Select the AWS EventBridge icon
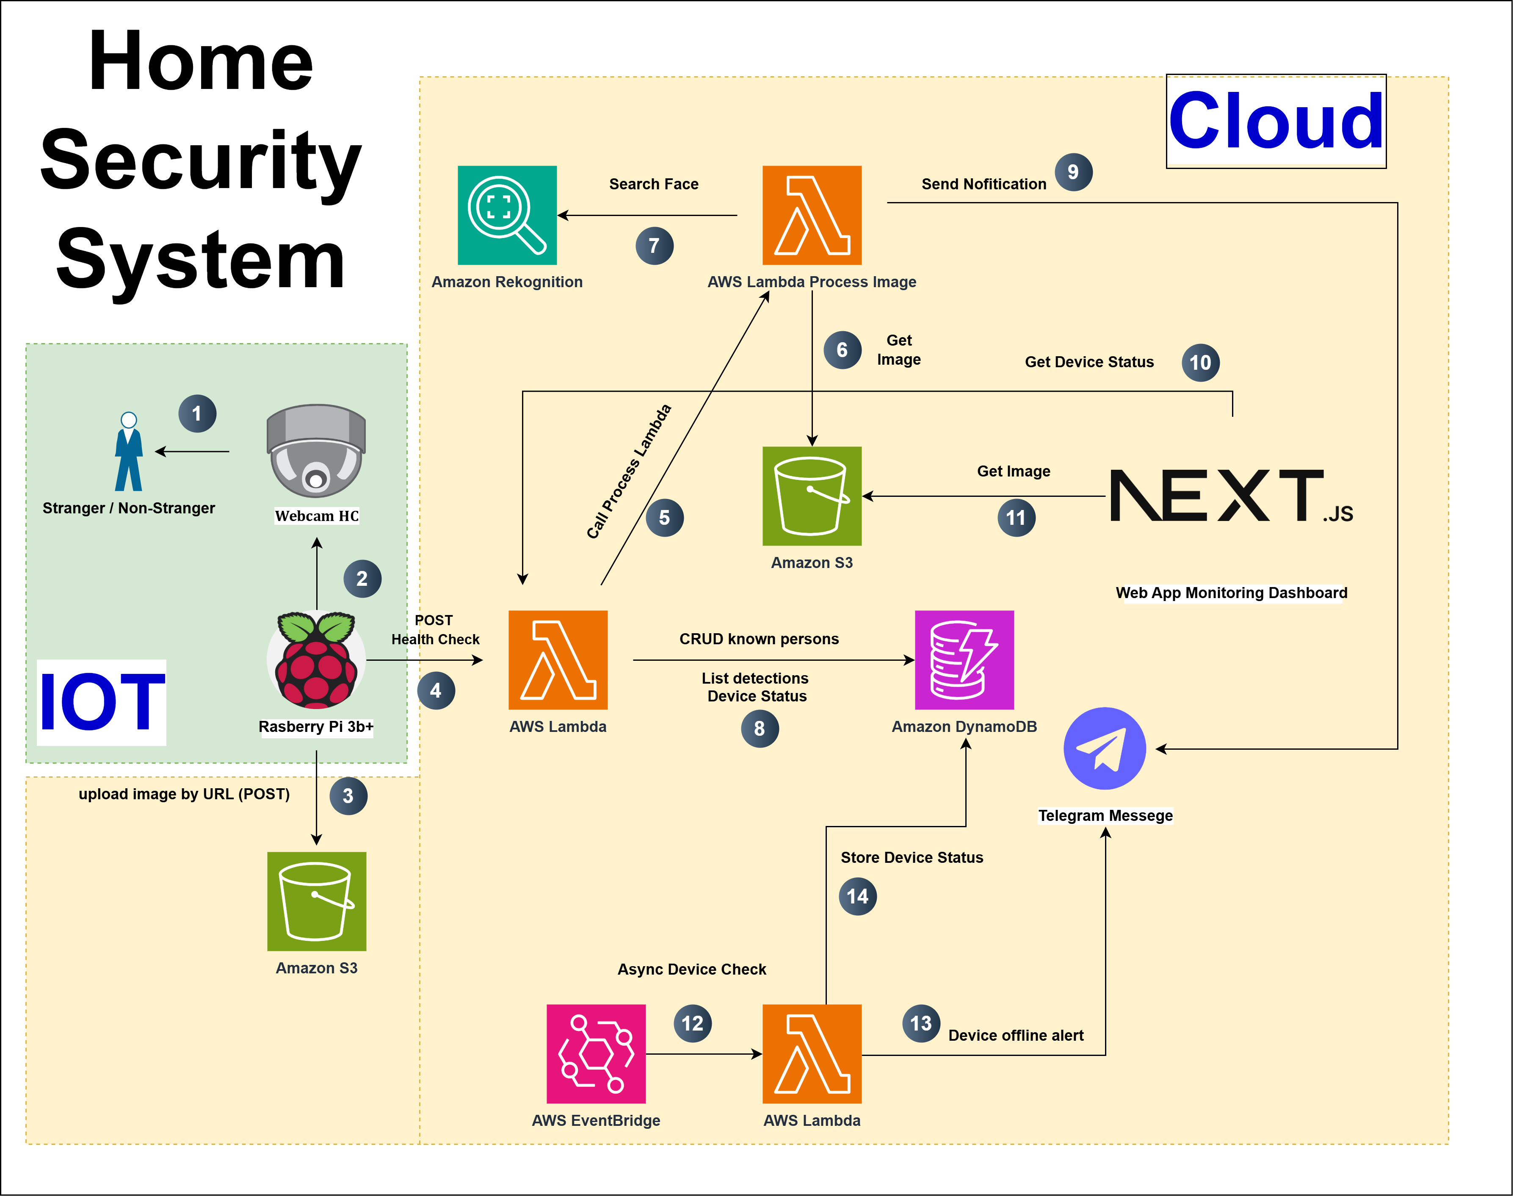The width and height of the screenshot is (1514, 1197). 596,1053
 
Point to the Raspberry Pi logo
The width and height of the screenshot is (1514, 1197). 316,659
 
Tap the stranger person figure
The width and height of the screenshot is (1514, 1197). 128,452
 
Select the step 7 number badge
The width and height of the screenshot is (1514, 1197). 655,246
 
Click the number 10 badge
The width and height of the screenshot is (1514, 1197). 1200,362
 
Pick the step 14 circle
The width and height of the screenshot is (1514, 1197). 857,896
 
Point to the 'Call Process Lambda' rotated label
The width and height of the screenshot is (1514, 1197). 628,472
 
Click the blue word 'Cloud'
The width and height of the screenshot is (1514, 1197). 1276,121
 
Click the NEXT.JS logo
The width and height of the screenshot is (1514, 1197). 1231,496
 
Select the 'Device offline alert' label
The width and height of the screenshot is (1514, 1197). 1015,1035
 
